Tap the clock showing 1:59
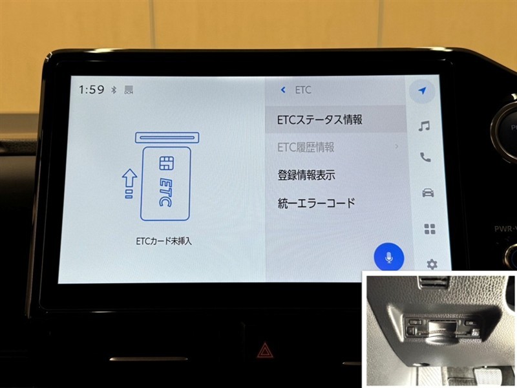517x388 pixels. pos(91,89)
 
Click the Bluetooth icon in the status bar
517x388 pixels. pos(114,89)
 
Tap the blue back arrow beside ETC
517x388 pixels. pos(283,90)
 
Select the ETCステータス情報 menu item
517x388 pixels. pos(319,120)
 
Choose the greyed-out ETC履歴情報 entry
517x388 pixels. pos(306,147)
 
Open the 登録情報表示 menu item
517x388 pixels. pos(306,175)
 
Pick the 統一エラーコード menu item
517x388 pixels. pos(316,202)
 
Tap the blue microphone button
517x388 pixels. pos(389,257)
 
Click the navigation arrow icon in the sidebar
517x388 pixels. pos(423,91)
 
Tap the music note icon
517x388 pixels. pos(424,125)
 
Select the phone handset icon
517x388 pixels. pos(425,157)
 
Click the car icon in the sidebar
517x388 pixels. pos(428,192)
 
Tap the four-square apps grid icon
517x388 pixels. pos(430,229)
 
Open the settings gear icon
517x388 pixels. pos(432,264)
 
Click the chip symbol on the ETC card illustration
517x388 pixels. pos(167,163)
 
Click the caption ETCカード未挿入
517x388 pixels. pos(164,241)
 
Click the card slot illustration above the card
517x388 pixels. pos(167,138)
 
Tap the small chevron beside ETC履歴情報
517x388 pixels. pos(396,146)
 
